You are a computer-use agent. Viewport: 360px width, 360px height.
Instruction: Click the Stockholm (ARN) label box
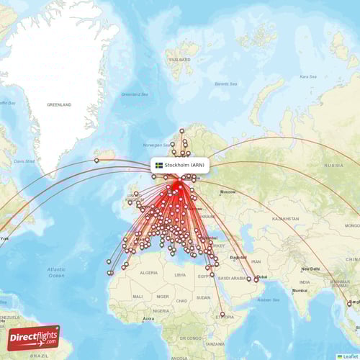coord(180,165)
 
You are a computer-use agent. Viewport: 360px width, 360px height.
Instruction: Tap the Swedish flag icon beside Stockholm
coord(159,165)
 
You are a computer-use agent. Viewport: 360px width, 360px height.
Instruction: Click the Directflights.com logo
coord(34,338)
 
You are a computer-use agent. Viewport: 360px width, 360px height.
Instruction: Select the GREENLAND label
coord(60,104)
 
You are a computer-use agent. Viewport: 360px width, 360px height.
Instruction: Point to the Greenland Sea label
coord(134,94)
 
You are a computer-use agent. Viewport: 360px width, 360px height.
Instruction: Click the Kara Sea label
coord(308,76)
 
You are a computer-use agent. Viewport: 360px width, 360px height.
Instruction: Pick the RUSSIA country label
coord(333,165)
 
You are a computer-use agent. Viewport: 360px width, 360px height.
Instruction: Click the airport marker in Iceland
coord(96,161)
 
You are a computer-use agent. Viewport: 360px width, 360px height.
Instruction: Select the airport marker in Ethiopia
coord(222,314)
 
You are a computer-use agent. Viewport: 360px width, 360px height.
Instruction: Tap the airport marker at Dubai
coord(256,279)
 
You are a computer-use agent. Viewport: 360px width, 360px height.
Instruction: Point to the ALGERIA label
coord(148,273)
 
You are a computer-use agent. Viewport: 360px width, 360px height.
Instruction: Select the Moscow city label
coord(228,192)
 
